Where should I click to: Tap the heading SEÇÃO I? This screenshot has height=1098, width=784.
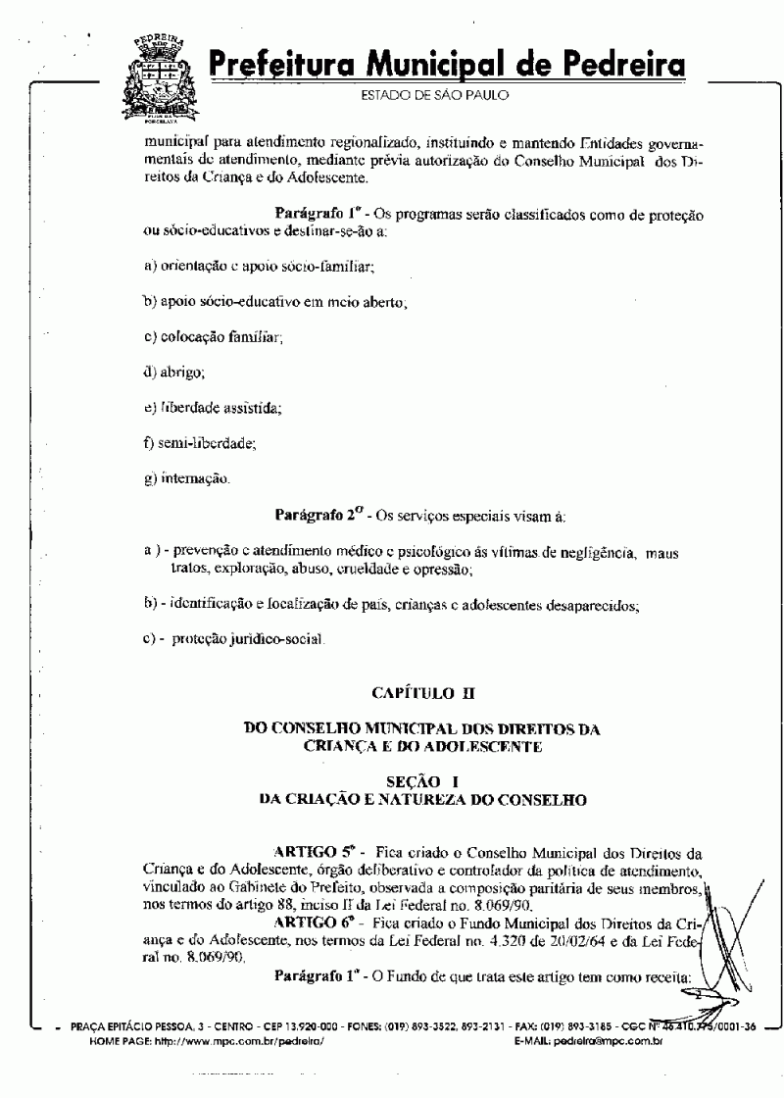[x=422, y=781]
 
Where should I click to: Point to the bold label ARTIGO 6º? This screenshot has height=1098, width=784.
[x=314, y=923]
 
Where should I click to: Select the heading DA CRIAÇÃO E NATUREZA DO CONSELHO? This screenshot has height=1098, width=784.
[x=422, y=800]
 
